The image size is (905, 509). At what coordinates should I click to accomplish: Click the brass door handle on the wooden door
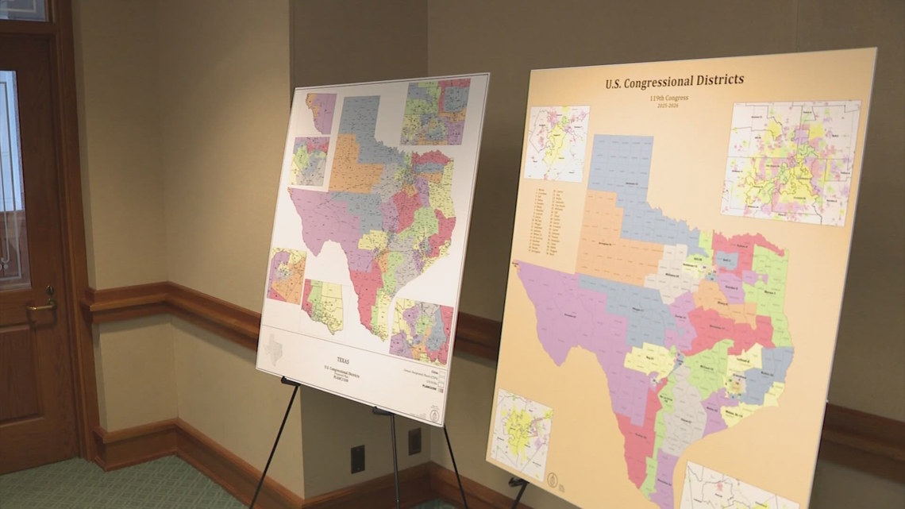pyautogui.click(x=42, y=304)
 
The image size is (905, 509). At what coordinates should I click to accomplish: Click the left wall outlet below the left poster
pyautogui.click(x=357, y=459)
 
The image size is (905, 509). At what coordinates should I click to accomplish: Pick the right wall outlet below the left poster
pyautogui.click(x=414, y=442)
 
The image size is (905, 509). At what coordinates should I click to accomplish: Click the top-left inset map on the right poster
pyautogui.click(x=556, y=144)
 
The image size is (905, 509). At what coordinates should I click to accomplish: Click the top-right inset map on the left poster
pyautogui.click(x=435, y=112)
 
